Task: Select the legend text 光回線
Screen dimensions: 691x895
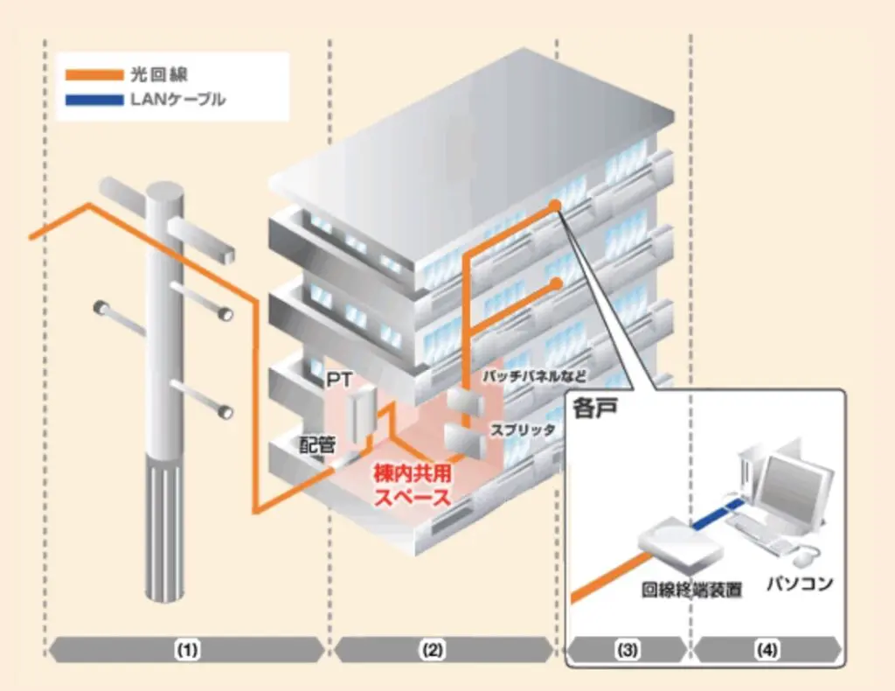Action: coord(167,76)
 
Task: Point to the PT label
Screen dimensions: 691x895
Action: coord(337,383)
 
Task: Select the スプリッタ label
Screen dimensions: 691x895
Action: coord(523,429)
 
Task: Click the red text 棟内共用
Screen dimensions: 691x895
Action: coord(411,474)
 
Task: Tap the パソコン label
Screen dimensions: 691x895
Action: coord(799,582)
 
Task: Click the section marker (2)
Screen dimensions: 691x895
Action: coord(434,650)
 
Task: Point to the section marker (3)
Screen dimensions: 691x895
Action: coord(626,650)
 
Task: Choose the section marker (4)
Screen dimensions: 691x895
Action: coord(767,650)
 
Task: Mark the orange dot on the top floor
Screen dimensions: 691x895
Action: coord(554,205)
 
